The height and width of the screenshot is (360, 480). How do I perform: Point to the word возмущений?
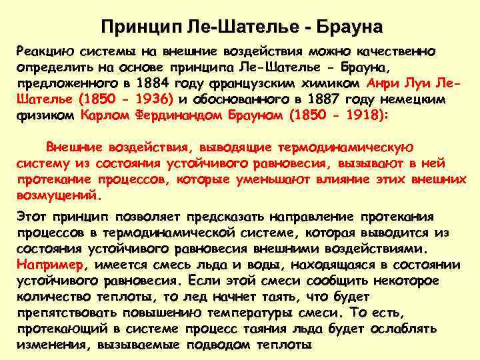click(x=57, y=196)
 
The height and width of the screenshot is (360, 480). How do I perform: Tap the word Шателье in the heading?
click(x=245, y=27)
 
